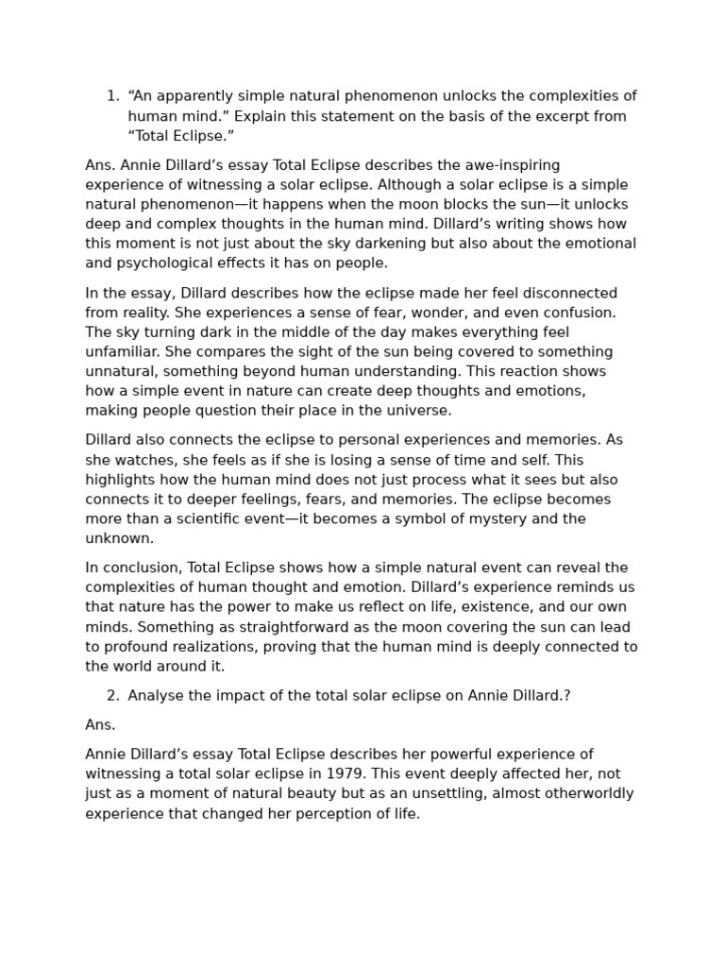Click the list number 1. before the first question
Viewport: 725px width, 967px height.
pos(112,96)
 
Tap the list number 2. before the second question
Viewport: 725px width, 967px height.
pos(112,696)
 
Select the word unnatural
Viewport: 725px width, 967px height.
pos(121,371)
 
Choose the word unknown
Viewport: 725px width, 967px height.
pos(119,538)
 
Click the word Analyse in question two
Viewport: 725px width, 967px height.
pos(156,696)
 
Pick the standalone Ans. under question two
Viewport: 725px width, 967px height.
pos(100,725)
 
